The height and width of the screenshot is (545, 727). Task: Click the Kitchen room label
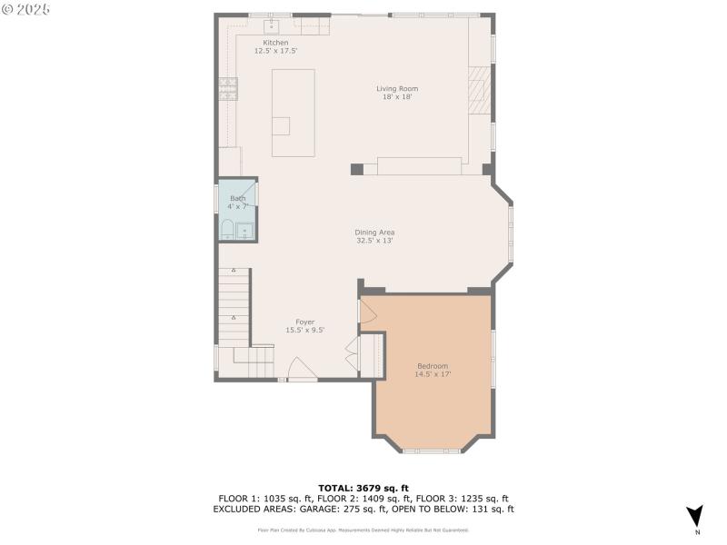coord(275,43)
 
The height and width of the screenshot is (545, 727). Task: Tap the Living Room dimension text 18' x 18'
coord(397,96)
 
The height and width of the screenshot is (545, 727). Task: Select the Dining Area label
coord(374,233)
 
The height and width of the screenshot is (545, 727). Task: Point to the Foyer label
coord(304,322)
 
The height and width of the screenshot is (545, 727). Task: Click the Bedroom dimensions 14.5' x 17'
coord(433,373)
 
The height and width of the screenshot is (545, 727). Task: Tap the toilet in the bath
coord(226,230)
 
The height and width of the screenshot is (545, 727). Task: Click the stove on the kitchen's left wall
coord(226,88)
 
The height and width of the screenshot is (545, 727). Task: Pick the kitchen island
coord(293,113)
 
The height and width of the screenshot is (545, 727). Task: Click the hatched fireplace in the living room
coord(479,90)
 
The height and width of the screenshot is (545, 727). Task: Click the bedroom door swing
coord(368,311)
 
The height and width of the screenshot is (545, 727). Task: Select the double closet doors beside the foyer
coord(353,353)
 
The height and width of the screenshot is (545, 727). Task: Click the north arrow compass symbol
coord(694,516)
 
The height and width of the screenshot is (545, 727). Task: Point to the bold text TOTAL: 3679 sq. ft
coord(363,489)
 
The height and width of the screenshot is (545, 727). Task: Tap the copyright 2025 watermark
coord(26,8)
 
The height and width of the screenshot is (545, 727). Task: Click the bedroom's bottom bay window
coord(432,450)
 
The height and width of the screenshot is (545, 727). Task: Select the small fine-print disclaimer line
coord(363,528)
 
